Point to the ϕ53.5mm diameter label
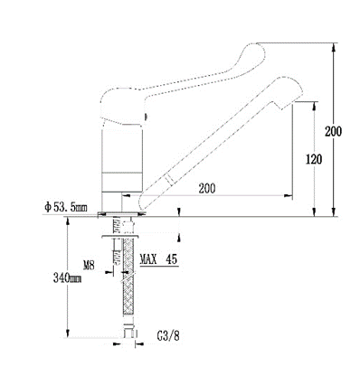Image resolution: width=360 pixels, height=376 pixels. point(64,205)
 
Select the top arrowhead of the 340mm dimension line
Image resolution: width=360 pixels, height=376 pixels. point(69,220)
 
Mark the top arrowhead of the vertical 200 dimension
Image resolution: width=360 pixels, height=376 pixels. point(335,44)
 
